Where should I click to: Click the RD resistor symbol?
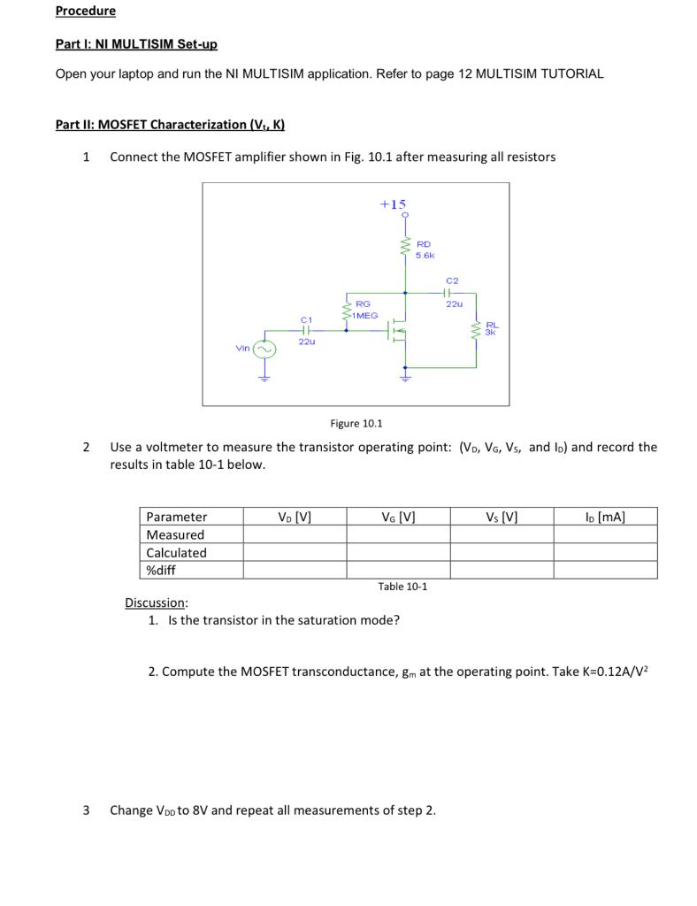click(405, 249)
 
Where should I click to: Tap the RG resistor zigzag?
click(346, 311)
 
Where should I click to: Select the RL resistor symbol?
click(478, 332)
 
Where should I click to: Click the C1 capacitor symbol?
click(306, 330)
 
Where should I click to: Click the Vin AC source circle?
click(264, 349)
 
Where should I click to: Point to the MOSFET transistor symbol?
click(395, 331)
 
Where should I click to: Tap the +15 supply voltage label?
click(393, 204)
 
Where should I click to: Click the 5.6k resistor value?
click(425, 255)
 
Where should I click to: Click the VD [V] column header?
click(295, 517)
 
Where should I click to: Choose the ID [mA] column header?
click(605, 517)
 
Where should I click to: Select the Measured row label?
click(175, 534)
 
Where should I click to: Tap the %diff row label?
click(162, 570)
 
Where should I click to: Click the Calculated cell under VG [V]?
click(398, 552)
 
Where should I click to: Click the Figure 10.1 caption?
click(356, 424)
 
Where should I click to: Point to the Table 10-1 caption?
click(402, 587)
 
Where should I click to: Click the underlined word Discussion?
click(156, 603)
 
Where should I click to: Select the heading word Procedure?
click(85, 12)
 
